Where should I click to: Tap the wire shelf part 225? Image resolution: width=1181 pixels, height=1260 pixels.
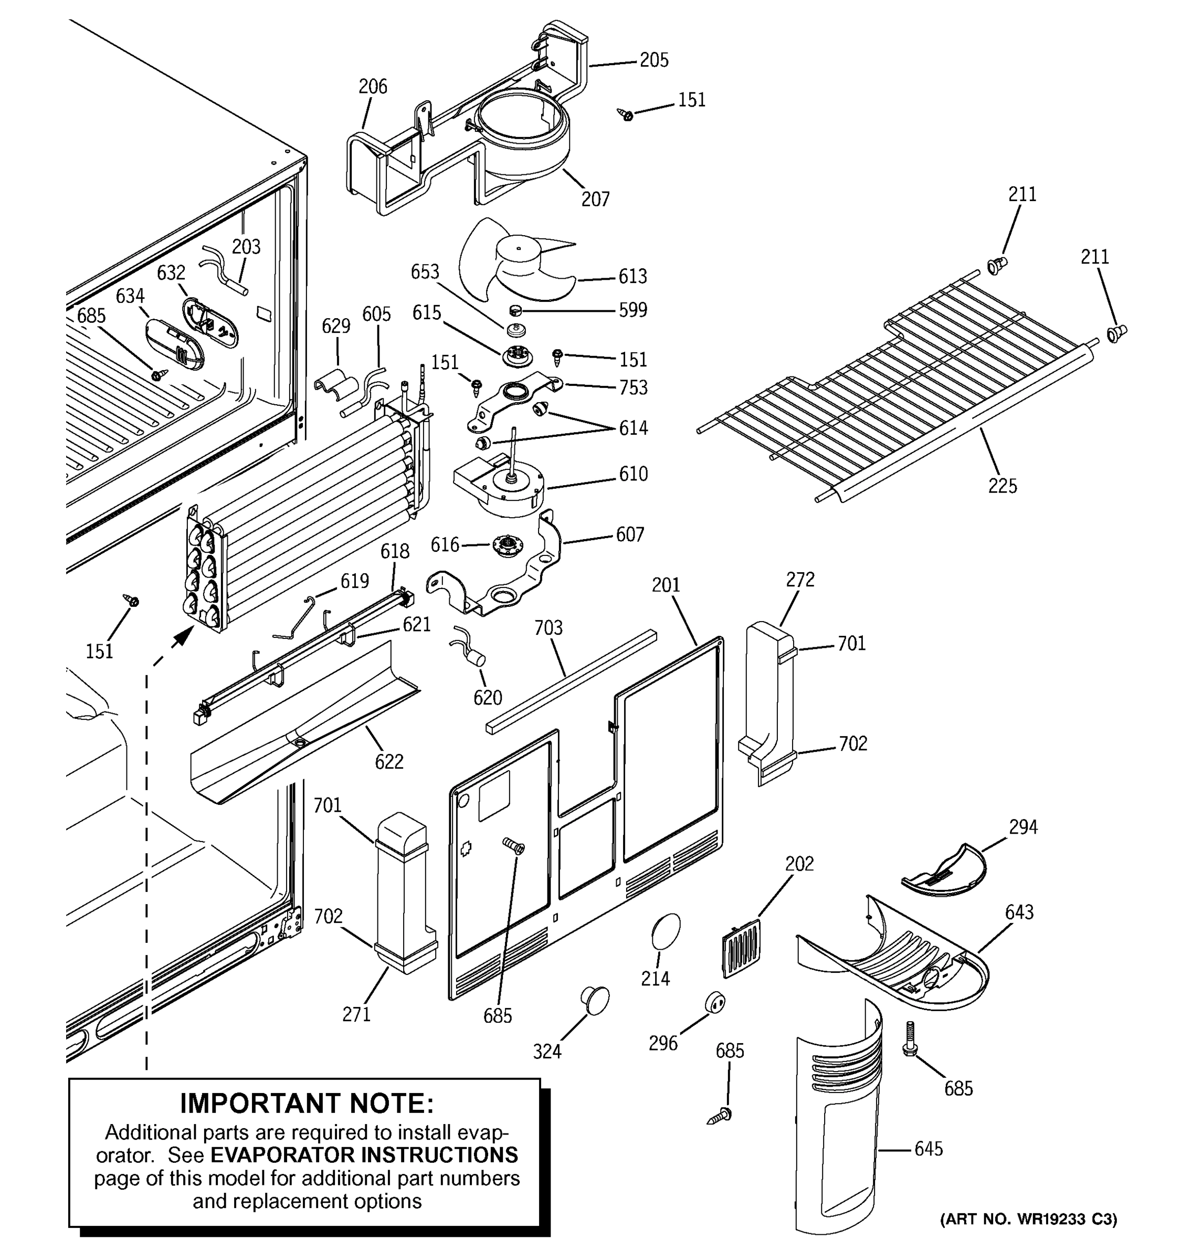point(900,386)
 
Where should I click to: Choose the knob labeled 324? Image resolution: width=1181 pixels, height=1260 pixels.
point(595,1000)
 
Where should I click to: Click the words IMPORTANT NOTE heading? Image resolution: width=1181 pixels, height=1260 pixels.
point(307,1104)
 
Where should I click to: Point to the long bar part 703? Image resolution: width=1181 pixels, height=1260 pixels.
point(570,681)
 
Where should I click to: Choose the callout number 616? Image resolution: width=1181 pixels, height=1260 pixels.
point(445,544)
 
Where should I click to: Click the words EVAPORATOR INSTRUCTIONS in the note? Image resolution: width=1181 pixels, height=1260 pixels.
point(364,1155)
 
